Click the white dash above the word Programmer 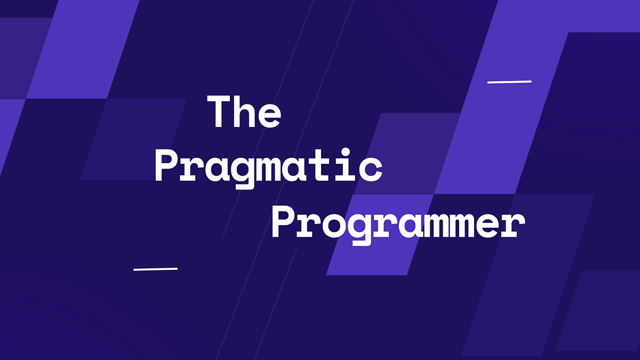pos(509,82)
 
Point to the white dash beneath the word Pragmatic pos(155,268)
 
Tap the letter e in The pos(269,116)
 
